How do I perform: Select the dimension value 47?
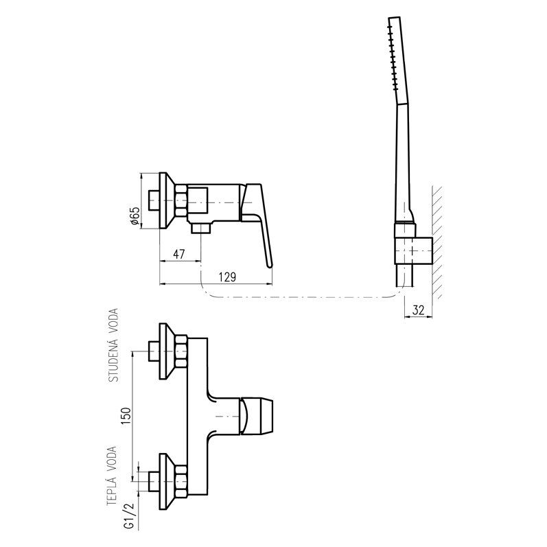pyautogui.click(x=179, y=255)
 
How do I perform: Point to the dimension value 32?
pyautogui.click(x=417, y=311)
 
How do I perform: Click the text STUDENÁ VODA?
pyautogui.click(x=114, y=345)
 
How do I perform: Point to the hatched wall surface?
pyautogui.click(x=437, y=240)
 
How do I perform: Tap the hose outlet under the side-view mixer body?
pyautogui.click(x=200, y=227)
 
